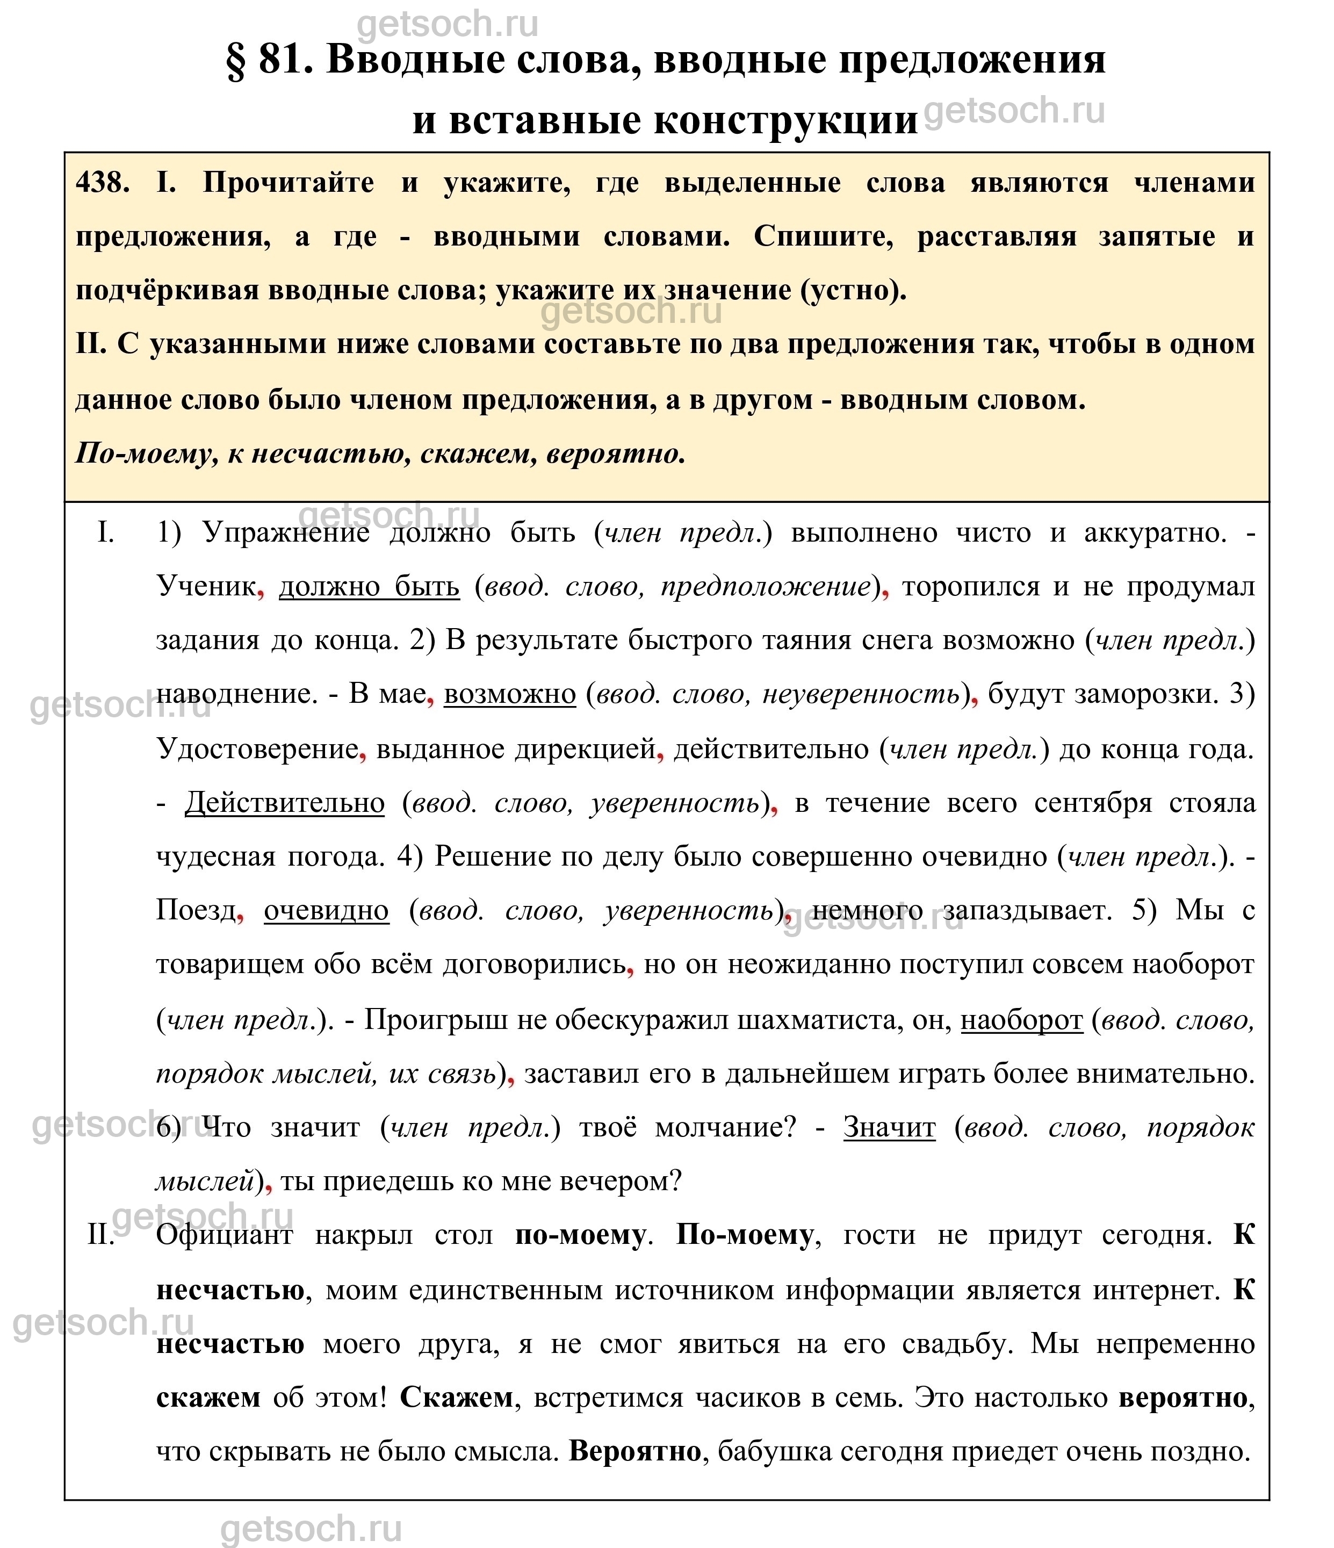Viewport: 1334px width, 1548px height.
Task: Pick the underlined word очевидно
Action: click(x=327, y=911)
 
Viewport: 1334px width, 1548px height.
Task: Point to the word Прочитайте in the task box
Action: click(x=289, y=183)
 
